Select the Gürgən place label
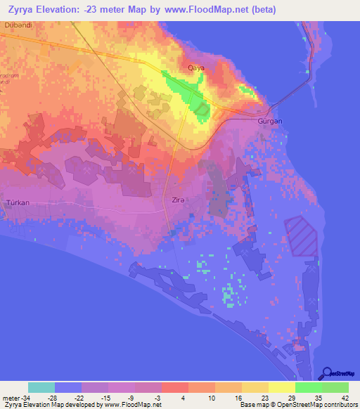pos(270,122)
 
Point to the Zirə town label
pos(179,200)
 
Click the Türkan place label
pos(18,202)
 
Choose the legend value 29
pos(281,397)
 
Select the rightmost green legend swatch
pos(335,387)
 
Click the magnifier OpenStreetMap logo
pos(328,375)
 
